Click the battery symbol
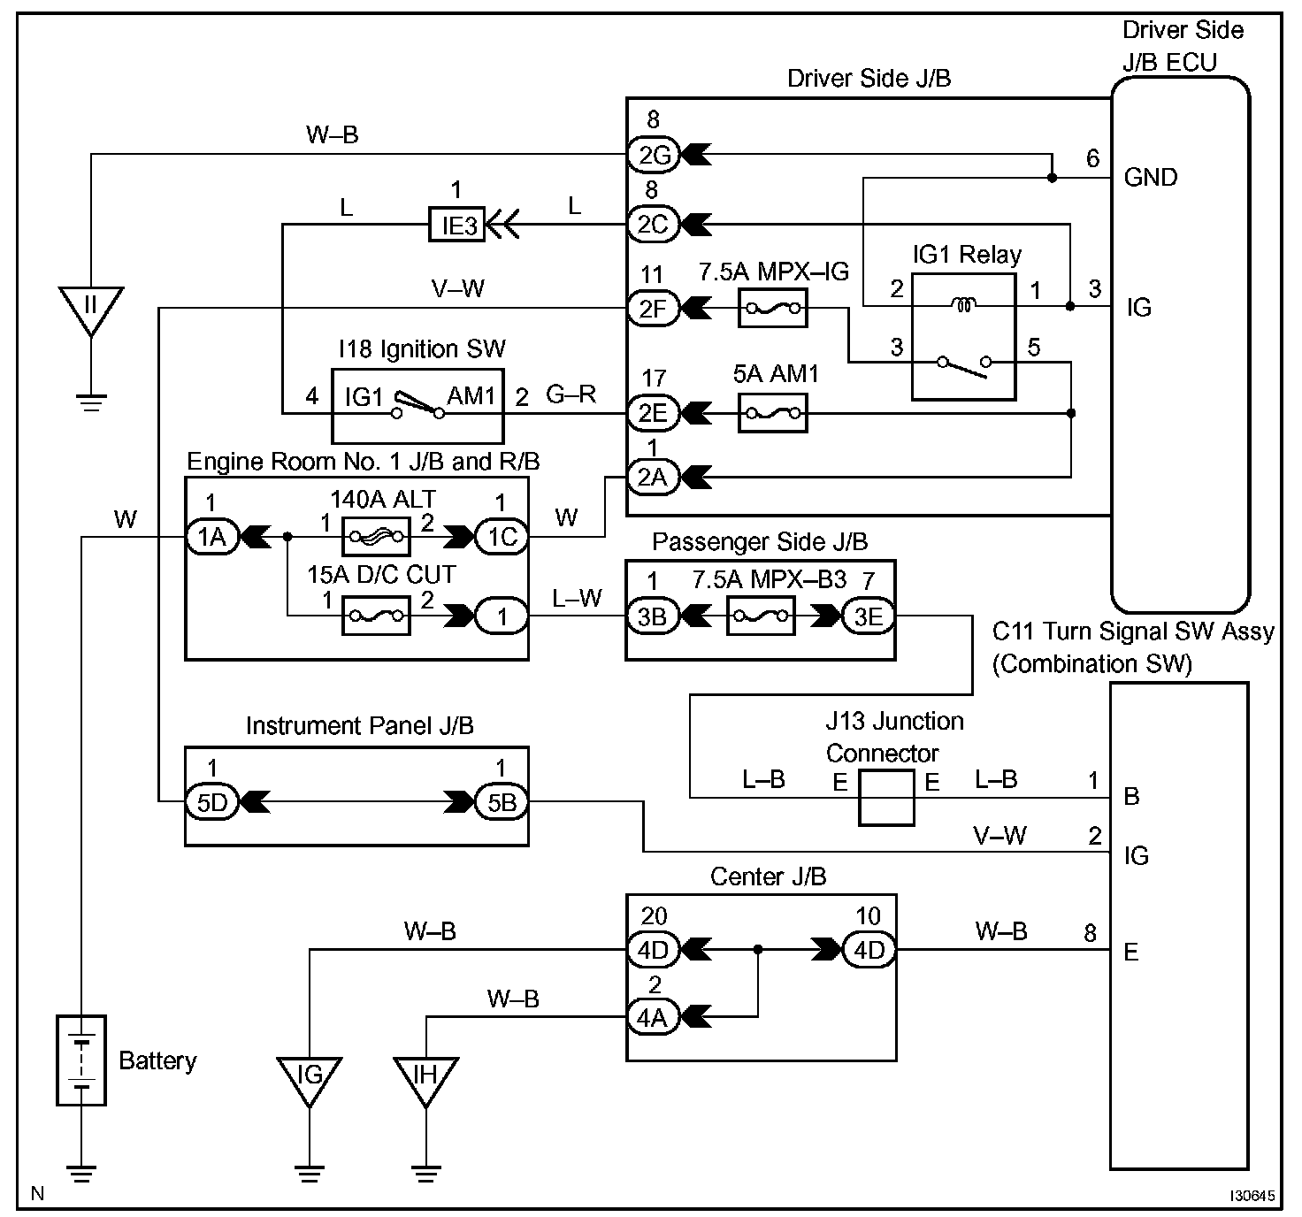tap(81, 1060)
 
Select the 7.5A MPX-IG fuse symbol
tap(772, 308)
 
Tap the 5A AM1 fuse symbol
tap(772, 412)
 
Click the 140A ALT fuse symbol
tap(376, 536)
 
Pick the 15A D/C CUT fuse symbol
tap(376, 615)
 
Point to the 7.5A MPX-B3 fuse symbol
tap(760, 616)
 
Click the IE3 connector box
tap(458, 226)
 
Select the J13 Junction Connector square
tap(885, 797)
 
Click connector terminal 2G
tap(653, 156)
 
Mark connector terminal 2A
tap(653, 478)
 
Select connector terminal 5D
tap(212, 801)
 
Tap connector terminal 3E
tap(868, 616)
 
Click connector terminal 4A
tap(653, 1017)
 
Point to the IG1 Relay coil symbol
tap(962, 306)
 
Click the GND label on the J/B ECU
tap(1150, 178)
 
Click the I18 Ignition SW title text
tap(422, 349)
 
